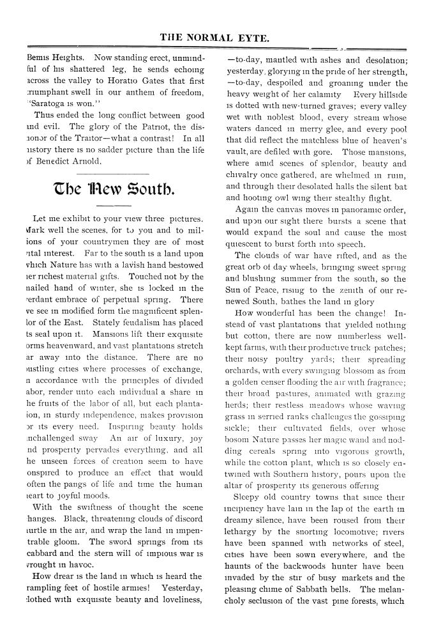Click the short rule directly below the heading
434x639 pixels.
click(111, 206)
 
